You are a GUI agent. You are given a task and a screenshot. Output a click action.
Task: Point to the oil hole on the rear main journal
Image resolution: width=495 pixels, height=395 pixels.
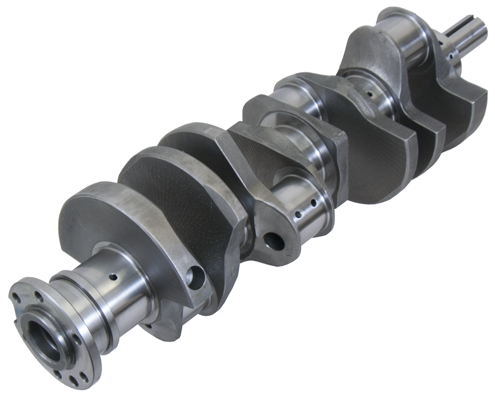[112, 276]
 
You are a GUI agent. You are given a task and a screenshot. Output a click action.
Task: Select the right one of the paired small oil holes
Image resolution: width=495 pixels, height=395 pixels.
[313, 203]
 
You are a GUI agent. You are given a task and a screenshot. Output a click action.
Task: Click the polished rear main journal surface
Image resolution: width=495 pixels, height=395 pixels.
[125, 292]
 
